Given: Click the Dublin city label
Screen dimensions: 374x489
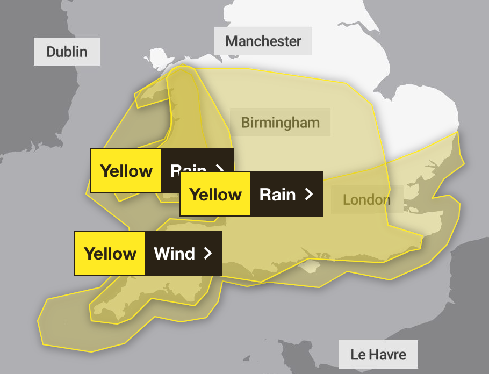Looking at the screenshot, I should [x=67, y=52].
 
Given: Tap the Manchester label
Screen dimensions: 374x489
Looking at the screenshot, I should [x=263, y=41].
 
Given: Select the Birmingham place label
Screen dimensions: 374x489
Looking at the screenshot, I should [x=280, y=123].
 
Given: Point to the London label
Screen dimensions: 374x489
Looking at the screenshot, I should [x=366, y=200].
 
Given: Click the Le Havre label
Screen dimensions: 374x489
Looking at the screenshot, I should [x=378, y=355].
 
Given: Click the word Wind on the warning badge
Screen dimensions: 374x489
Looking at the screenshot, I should [x=174, y=254].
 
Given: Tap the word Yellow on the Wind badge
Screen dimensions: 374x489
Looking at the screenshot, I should [x=110, y=254].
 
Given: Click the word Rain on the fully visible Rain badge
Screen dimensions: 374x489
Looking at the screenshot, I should [x=277, y=195].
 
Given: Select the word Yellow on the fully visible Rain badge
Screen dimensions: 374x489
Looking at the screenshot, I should [x=215, y=195].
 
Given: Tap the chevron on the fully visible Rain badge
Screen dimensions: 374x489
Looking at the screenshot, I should [x=308, y=195].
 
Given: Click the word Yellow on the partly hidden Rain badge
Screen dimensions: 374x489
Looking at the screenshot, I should [x=126, y=171].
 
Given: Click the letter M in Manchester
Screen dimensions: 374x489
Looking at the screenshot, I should [x=232, y=41].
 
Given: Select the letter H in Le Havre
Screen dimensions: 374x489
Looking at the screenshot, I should [x=371, y=355].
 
